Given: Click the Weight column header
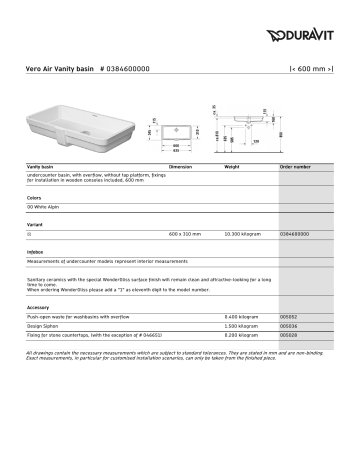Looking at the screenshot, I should tap(232, 167).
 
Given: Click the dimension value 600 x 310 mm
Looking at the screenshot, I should tap(185, 234).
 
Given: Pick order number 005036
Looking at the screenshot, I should tap(290, 326).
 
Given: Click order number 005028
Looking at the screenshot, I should tap(290, 335).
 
